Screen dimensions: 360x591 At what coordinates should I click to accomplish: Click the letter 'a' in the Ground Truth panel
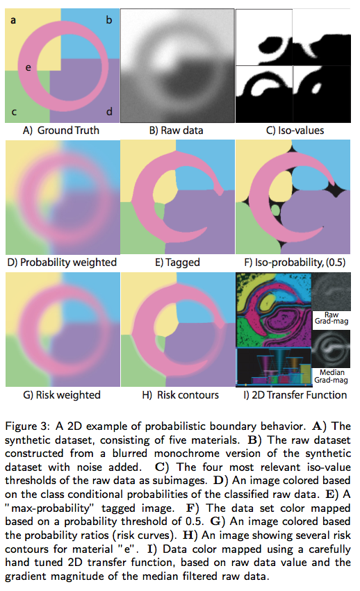tap(13, 20)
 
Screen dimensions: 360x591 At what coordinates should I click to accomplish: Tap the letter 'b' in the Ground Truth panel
tap(108, 19)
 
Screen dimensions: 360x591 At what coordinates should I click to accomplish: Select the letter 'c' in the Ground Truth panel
tap(14, 112)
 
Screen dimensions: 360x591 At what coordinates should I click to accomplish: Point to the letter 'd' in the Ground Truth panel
tap(109, 111)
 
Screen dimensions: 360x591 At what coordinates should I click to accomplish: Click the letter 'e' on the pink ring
tap(28, 68)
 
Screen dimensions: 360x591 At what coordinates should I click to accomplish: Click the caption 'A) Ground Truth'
tap(61, 131)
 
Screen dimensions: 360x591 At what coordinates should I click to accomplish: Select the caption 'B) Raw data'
tap(177, 131)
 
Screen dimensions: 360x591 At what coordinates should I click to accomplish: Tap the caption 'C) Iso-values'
tap(295, 131)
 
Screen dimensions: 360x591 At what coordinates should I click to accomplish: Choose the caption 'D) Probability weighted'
tap(62, 263)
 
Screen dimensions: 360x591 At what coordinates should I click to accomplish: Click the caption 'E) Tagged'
tap(177, 263)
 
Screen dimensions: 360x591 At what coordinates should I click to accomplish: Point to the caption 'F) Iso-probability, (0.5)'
tap(295, 263)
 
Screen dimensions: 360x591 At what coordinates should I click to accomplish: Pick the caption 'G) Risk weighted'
tap(62, 395)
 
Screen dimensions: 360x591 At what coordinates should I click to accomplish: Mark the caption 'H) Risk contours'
tap(181, 395)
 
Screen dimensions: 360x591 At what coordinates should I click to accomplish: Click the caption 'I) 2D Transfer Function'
tap(295, 395)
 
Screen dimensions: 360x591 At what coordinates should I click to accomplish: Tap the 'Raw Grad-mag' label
tap(332, 318)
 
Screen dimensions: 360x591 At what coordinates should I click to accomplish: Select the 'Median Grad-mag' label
tap(332, 376)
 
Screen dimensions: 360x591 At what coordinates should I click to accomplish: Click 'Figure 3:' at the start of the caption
tap(27, 426)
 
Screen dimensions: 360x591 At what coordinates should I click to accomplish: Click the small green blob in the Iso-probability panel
tap(276, 210)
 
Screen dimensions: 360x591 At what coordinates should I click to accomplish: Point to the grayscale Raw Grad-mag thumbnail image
tap(331, 292)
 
